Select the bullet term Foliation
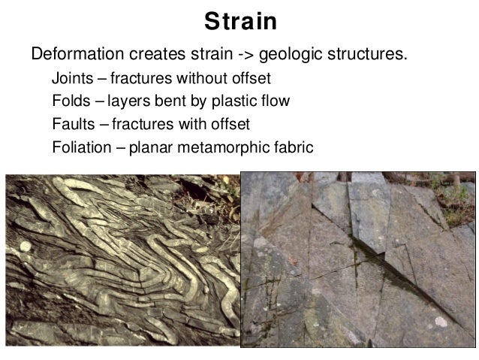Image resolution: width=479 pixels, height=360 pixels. [80, 146]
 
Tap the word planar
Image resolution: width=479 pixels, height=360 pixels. [149, 147]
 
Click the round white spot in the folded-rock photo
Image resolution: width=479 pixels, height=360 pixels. [25, 246]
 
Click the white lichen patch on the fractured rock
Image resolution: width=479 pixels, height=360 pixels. [440, 322]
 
